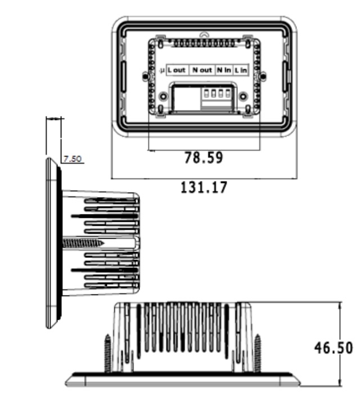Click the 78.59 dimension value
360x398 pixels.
tap(204, 158)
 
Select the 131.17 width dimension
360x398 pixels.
tap(204, 187)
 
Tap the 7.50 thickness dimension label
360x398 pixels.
tap(73, 159)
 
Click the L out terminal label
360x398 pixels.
tap(176, 70)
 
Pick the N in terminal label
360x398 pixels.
tap(224, 70)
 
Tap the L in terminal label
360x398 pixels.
tap(241, 70)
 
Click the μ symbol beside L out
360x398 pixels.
tap(162, 70)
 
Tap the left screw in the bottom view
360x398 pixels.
tap(107, 353)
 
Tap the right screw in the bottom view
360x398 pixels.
tap(258, 353)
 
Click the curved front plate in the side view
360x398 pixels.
tap(51, 243)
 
